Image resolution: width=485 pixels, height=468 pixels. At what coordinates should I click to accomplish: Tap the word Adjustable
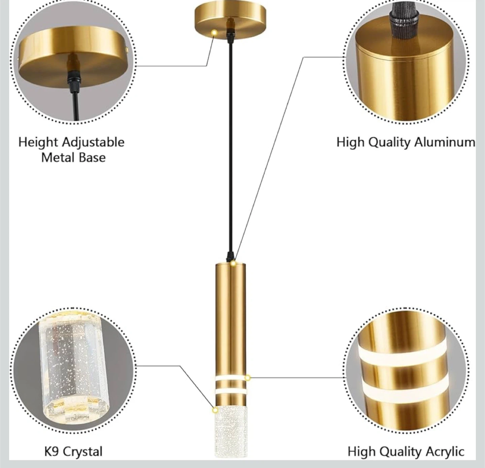click(x=93, y=143)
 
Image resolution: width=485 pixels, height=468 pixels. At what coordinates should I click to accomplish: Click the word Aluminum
click(x=445, y=142)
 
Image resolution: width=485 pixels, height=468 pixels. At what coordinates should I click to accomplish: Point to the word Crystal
click(x=83, y=452)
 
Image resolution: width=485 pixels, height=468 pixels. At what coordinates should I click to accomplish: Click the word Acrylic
click(x=445, y=452)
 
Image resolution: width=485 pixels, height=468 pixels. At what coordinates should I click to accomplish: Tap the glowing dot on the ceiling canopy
click(x=214, y=32)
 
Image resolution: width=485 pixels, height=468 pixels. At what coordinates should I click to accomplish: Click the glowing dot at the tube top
click(x=233, y=263)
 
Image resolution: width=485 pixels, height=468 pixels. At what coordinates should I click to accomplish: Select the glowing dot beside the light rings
click(x=248, y=378)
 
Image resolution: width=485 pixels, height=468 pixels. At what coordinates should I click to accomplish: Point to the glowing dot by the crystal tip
click(x=215, y=410)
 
